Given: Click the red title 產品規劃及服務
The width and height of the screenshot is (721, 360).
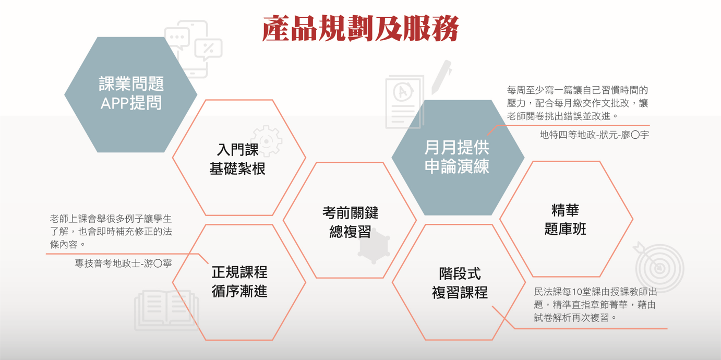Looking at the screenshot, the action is pyautogui.click(x=360, y=28).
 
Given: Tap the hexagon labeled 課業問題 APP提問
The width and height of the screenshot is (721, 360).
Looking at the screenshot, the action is pyautogui.click(x=130, y=94).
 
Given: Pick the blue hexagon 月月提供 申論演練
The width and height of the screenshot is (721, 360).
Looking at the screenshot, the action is pyautogui.click(x=458, y=158).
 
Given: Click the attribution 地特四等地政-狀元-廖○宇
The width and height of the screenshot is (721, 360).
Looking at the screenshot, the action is pyautogui.click(x=594, y=135).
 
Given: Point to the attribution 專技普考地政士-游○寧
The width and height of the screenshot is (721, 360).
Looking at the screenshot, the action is pyautogui.click(x=123, y=263).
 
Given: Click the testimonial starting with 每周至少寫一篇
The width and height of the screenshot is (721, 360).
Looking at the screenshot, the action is pyautogui.click(x=578, y=103).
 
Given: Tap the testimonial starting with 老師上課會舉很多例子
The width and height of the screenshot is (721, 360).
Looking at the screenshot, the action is pyautogui.click(x=111, y=232).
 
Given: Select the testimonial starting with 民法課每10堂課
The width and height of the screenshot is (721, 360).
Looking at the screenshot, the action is pyautogui.click(x=595, y=305).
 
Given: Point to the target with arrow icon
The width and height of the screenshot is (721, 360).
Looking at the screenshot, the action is pyautogui.click(x=658, y=267).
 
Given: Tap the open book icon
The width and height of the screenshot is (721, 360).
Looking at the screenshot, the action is pyautogui.click(x=166, y=310).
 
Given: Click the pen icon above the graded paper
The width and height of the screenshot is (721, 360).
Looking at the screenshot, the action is pyautogui.click(x=441, y=77).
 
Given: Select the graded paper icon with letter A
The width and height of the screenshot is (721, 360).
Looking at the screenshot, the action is pyautogui.click(x=405, y=102).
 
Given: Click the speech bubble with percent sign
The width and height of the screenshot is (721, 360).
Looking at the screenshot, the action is pyautogui.click(x=209, y=50).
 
